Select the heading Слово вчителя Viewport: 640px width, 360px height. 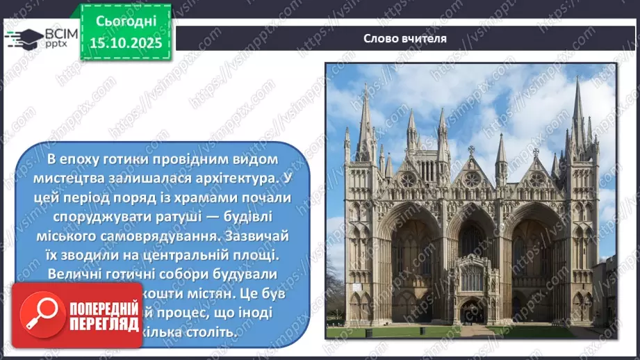coord(405,38)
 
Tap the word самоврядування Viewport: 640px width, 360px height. coord(176,235)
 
